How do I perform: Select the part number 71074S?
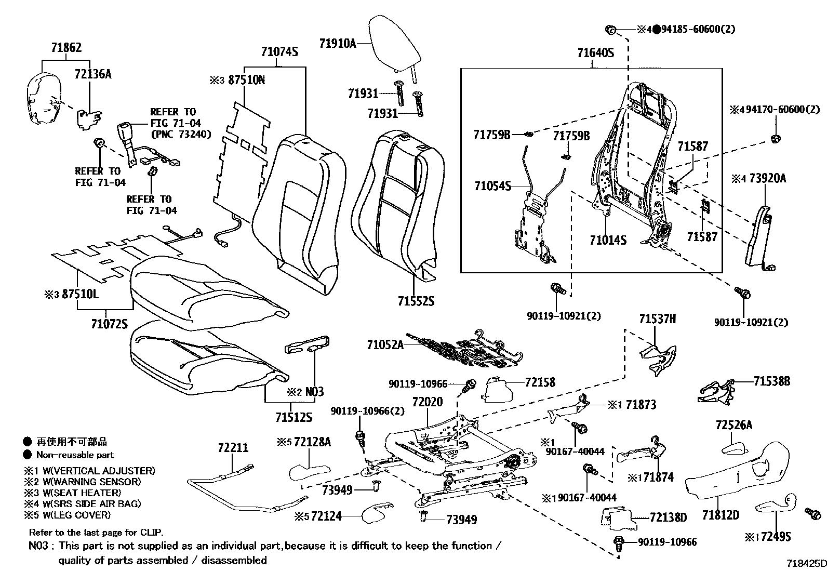click(x=279, y=51)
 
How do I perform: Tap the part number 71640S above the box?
click(x=595, y=52)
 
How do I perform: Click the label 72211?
click(x=233, y=448)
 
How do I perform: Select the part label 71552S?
click(x=416, y=301)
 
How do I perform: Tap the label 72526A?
click(x=733, y=425)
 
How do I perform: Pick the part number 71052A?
click(x=385, y=344)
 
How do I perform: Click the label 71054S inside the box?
click(x=492, y=185)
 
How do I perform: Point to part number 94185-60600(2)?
click(x=698, y=29)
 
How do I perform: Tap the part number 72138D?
click(x=668, y=517)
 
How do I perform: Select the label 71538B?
click(x=771, y=381)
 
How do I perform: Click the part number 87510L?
click(x=80, y=294)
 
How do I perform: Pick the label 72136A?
click(x=93, y=74)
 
